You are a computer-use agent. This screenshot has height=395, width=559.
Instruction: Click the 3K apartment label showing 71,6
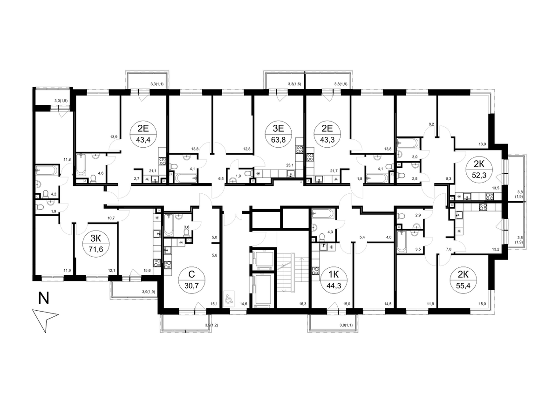point(96,244)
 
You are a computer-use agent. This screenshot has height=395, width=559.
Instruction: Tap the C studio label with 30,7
point(191,280)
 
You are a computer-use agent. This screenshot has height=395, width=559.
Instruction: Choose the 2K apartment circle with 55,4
point(463,280)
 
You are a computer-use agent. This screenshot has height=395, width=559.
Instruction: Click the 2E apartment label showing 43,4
point(143,135)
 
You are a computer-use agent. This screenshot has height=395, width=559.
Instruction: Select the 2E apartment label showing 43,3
point(327,135)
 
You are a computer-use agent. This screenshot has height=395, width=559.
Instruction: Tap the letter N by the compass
point(43,298)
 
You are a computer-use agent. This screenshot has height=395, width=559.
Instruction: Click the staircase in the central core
point(293,272)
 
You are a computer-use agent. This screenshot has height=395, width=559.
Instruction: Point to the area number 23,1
point(289,165)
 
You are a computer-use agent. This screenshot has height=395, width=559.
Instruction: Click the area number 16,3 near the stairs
point(302,304)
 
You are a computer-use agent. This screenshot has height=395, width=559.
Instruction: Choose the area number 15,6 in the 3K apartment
point(148,270)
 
